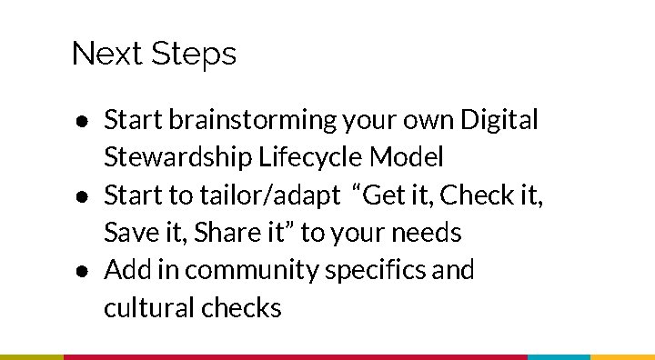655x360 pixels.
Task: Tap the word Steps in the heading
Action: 193,55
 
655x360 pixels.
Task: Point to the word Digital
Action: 499,119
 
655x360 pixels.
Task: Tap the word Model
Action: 408,157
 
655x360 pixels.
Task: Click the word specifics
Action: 378,271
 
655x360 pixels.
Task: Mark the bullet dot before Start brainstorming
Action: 82,121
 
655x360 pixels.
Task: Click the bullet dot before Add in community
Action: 82,271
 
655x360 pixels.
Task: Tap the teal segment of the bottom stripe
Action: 559,356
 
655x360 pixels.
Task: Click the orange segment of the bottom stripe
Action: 622,356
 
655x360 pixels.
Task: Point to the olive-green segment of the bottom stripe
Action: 32,356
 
